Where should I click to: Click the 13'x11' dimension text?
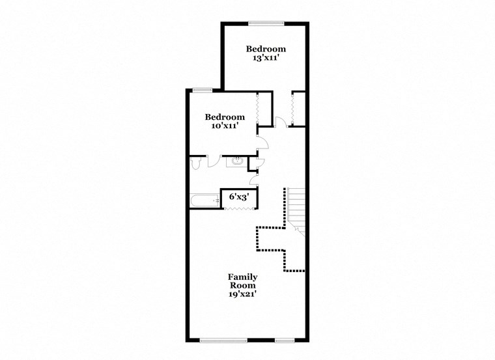(266, 58)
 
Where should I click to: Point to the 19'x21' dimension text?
(242, 294)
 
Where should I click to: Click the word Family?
(243, 277)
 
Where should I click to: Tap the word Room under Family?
(242, 286)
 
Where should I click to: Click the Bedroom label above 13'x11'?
(266, 49)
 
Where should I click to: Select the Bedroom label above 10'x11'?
(225, 117)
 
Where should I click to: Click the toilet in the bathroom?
(196, 163)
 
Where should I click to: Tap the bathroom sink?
(238, 161)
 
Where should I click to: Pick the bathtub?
(205, 201)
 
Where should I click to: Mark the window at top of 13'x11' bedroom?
(266, 24)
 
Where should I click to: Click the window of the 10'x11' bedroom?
(202, 90)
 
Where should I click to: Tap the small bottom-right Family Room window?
(284, 339)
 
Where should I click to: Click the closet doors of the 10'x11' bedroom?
(259, 107)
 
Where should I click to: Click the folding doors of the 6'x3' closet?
(238, 208)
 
